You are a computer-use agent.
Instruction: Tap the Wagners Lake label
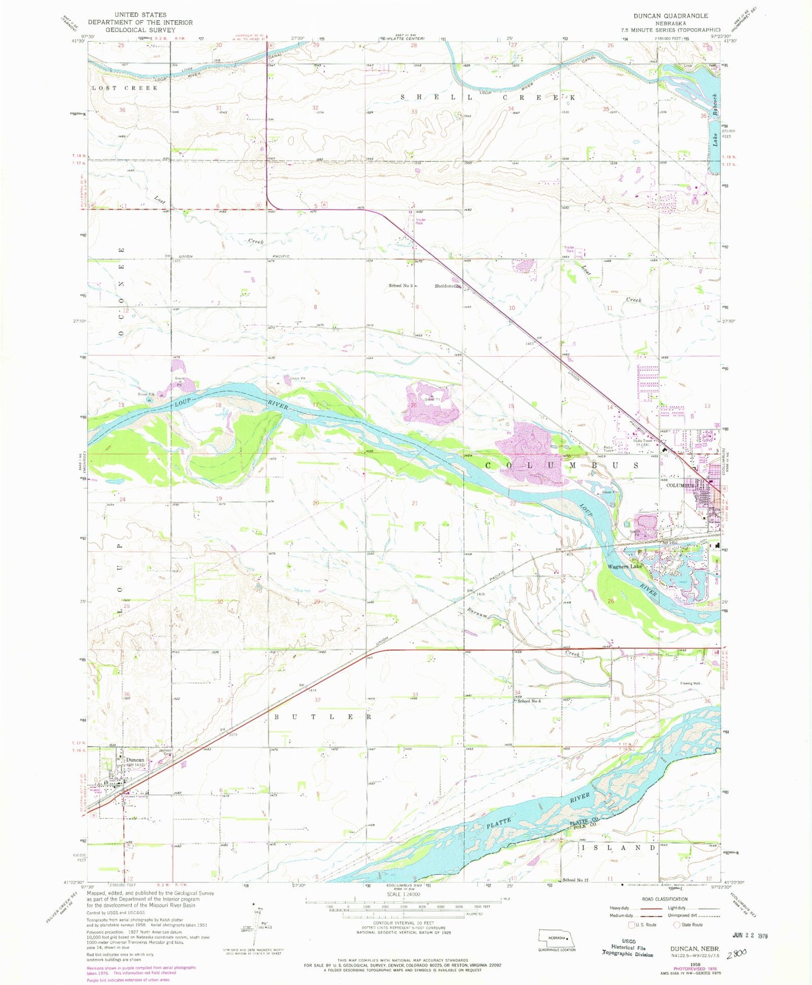(x=624, y=566)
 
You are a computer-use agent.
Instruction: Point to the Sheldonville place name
(x=448, y=286)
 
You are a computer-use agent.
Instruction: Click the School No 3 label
(x=400, y=286)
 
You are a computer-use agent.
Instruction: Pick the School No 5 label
(x=529, y=701)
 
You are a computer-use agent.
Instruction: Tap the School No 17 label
(x=574, y=880)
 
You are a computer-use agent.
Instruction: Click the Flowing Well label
(x=690, y=684)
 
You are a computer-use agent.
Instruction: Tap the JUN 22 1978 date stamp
(x=749, y=936)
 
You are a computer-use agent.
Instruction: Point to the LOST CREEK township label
(x=125, y=88)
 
